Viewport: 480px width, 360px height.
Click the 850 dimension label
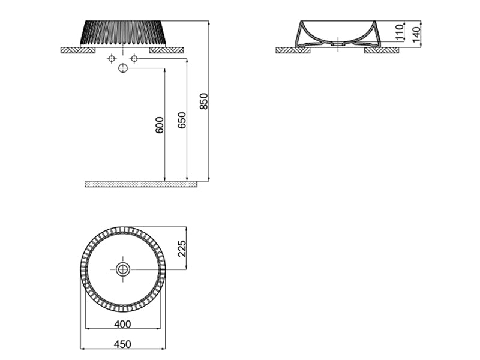203,101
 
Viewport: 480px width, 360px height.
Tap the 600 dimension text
159,124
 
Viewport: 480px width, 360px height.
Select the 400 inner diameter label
122,325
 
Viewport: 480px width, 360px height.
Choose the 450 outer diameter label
122,344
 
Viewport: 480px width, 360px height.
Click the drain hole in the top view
123,268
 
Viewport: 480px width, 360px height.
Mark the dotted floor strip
141,183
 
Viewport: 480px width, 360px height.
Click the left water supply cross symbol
111,58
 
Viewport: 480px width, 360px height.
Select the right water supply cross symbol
134,58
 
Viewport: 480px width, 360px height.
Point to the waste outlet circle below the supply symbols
123,68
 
